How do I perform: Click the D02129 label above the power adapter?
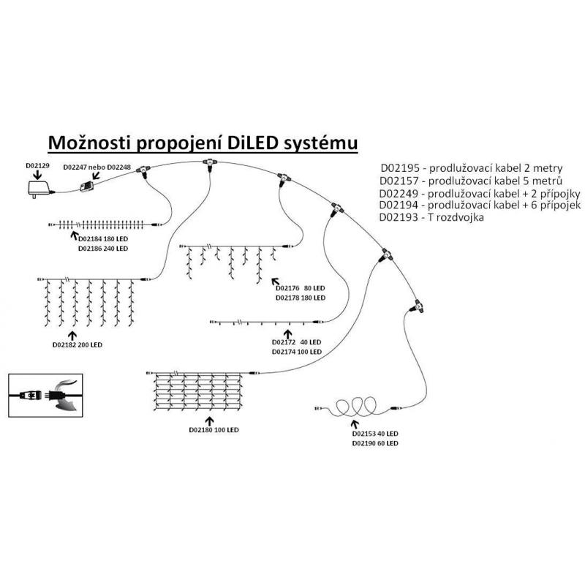(x=37, y=166)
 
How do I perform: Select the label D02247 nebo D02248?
(x=97, y=167)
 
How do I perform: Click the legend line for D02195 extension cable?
(x=470, y=167)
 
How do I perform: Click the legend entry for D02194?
(x=480, y=205)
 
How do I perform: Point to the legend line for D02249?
(x=480, y=193)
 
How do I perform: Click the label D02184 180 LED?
(x=102, y=238)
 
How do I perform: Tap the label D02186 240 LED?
(x=102, y=249)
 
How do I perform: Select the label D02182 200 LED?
(x=78, y=344)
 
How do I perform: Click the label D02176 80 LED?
(x=299, y=288)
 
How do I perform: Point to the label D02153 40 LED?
(x=374, y=433)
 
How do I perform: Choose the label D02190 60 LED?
(x=374, y=443)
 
